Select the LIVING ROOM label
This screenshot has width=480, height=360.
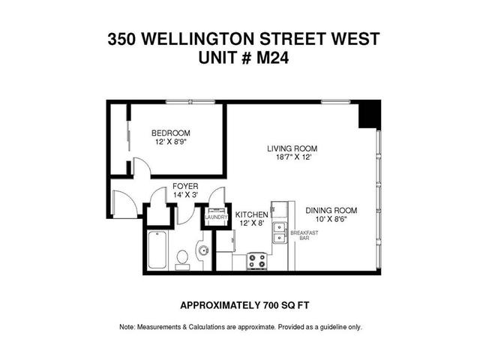coord(289,148)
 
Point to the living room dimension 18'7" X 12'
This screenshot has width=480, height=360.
coord(289,157)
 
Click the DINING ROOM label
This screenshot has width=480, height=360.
coord(330,210)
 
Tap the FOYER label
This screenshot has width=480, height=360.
coord(184,185)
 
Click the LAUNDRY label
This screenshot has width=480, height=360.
coord(216,217)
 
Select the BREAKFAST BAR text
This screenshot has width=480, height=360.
coord(304,235)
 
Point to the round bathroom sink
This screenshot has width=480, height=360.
coord(202,251)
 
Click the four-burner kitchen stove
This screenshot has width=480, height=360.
coord(257,262)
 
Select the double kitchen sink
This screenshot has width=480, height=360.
coord(279,232)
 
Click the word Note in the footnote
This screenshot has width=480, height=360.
coord(127,327)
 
